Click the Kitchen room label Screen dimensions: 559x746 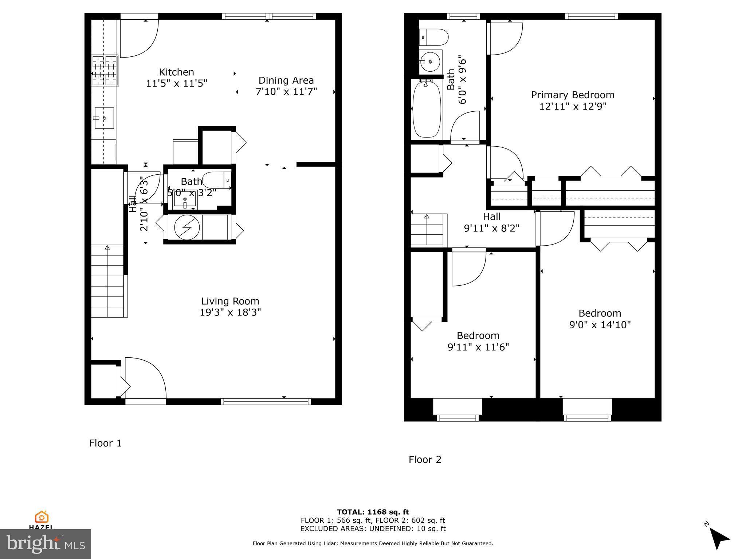[x=176, y=72]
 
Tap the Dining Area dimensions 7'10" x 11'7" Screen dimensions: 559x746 [x=286, y=91]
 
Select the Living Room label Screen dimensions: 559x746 [x=230, y=301]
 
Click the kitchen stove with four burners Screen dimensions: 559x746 [x=105, y=71]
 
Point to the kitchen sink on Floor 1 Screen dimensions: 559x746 [x=104, y=118]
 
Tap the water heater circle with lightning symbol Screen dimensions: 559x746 [x=187, y=227]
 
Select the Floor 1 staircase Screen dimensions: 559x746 [x=107, y=280]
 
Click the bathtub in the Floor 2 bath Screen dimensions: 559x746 [x=427, y=109]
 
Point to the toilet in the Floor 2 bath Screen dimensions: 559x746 [x=434, y=37]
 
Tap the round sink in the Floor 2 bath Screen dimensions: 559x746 [x=430, y=62]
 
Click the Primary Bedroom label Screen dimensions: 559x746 [x=573, y=95]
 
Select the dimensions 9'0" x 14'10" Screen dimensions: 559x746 [x=600, y=325]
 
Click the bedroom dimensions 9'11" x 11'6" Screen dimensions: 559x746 [x=478, y=347]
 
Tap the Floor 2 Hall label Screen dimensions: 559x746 [x=491, y=217]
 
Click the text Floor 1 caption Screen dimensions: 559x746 [x=105, y=443]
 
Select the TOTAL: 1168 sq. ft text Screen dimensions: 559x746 [x=373, y=512]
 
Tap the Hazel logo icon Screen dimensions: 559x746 [x=42, y=517]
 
